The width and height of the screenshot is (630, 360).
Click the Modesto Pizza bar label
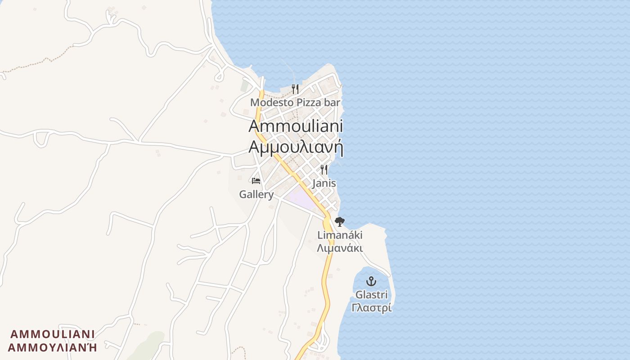point(295,103)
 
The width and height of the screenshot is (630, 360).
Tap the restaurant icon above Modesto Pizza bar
point(295,89)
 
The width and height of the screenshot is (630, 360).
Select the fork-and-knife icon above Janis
point(324,170)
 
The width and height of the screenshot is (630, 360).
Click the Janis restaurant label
point(324,184)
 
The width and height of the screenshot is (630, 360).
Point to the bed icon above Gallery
point(256,181)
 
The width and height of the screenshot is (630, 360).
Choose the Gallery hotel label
point(256,194)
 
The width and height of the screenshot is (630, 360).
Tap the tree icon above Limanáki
point(340,221)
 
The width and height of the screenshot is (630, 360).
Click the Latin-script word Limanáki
point(340,235)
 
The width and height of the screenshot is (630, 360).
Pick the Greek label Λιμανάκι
point(340,248)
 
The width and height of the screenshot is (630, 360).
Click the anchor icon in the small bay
point(371,281)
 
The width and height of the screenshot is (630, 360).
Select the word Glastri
point(371,295)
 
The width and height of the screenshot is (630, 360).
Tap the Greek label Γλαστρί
point(371,308)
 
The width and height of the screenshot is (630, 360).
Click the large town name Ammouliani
point(296,126)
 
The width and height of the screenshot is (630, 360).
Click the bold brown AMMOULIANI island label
point(53,334)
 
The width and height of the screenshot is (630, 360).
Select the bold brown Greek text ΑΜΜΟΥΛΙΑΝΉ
point(53,347)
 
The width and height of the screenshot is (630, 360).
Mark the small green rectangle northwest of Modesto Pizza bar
point(244,86)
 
